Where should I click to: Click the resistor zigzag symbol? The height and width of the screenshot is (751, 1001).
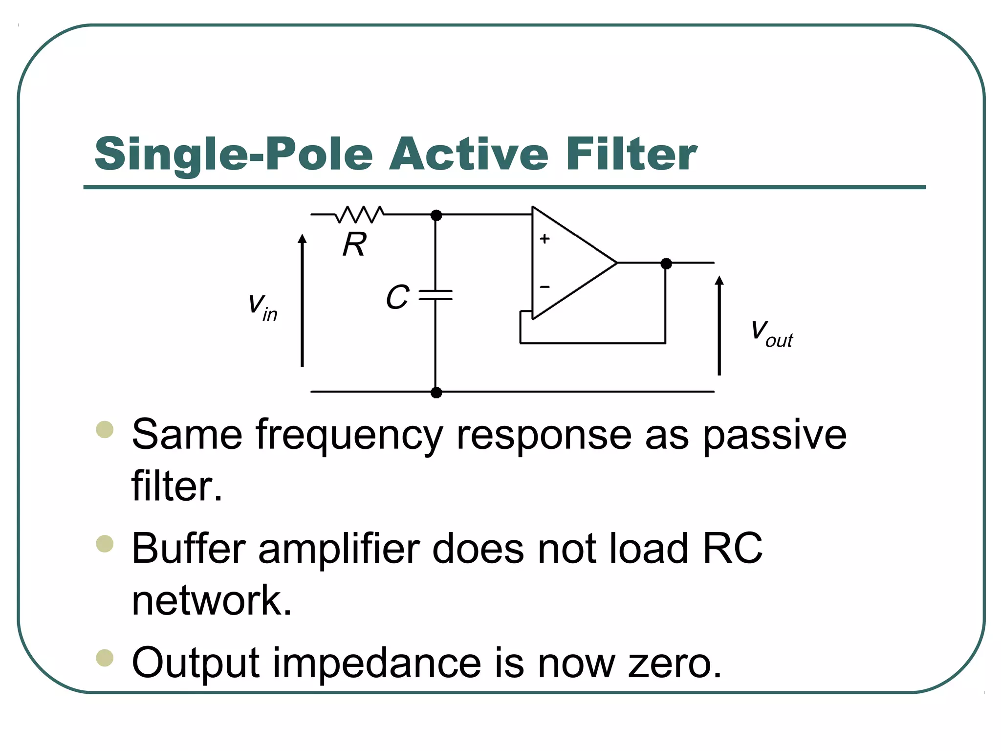(360, 214)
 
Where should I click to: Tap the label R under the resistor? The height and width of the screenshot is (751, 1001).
(354, 244)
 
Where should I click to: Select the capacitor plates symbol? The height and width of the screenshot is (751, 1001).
(435, 294)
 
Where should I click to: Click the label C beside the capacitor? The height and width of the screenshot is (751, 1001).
(397, 297)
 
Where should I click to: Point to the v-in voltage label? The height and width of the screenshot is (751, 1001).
(262, 307)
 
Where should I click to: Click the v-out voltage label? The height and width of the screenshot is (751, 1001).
(771, 333)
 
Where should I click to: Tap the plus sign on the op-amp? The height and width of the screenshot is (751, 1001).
(544, 239)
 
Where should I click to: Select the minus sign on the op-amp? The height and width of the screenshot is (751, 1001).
(544, 287)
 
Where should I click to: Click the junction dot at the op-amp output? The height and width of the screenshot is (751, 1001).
(666, 264)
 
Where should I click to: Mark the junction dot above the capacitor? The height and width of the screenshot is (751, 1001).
(436, 215)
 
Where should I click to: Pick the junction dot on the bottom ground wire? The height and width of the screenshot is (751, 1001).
(436, 392)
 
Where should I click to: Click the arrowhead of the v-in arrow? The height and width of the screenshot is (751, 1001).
(303, 239)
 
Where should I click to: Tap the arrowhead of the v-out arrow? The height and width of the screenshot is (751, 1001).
(719, 280)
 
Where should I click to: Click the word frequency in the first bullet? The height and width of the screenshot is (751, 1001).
(349, 435)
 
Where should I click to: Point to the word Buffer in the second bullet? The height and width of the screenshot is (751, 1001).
(188, 549)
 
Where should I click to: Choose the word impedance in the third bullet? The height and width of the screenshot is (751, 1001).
(376, 663)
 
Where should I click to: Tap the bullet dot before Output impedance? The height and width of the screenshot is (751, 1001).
(105, 658)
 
